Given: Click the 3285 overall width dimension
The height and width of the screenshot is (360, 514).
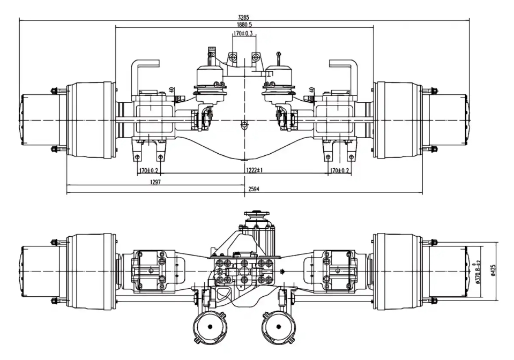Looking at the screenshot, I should (244, 17).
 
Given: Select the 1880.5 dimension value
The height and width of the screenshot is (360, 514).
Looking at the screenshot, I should (244, 25).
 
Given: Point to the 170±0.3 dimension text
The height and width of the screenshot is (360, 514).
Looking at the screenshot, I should (244, 34).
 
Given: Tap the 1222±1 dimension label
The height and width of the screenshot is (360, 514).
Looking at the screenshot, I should (254, 170).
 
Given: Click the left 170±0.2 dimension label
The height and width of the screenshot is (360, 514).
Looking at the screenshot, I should (148, 170).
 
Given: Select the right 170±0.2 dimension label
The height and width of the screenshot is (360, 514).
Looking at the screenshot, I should (339, 170).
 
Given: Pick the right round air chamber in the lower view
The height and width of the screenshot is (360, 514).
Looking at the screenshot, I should (279, 327).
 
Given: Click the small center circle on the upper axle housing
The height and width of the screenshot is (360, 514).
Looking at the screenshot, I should (244, 125).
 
